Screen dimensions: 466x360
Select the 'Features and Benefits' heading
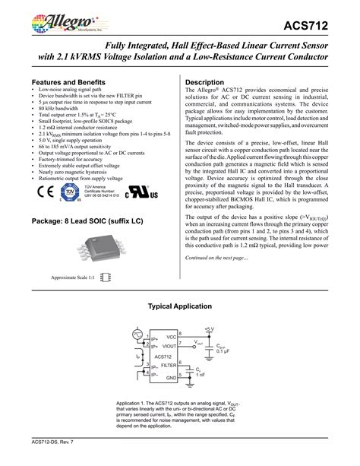66,81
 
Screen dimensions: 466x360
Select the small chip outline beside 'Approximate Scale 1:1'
106,279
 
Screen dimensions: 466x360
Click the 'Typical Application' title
179,306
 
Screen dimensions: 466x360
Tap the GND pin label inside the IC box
172,376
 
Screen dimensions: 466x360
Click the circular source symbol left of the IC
138,334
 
